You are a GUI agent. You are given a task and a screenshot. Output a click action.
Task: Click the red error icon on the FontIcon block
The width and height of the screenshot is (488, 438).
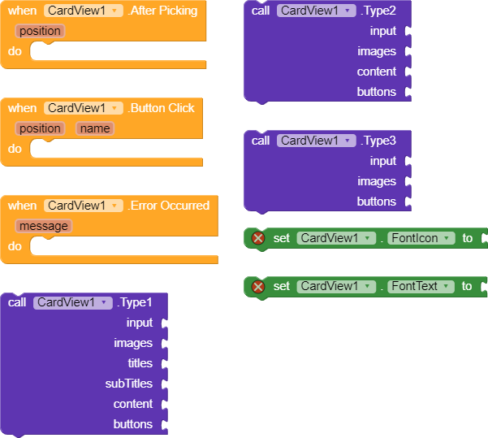click(x=258, y=238)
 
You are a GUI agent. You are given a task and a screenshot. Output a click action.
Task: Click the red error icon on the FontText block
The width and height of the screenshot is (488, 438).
click(x=258, y=286)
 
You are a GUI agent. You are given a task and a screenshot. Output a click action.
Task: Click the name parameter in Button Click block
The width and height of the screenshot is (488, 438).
click(x=95, y=128)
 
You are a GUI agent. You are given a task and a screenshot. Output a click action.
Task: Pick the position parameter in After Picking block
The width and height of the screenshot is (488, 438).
click(x=39, y=31)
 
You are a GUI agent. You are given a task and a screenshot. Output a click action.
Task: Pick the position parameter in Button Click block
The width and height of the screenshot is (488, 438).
click(x=39, y=128)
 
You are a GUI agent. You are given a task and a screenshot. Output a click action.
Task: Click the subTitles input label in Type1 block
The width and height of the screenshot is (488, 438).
click(x=129, y=384)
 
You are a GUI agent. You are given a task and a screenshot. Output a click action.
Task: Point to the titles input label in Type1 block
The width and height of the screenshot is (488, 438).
click(x=140, y=363)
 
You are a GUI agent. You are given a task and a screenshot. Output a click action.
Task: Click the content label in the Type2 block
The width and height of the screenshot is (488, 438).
click(x=377, y=72)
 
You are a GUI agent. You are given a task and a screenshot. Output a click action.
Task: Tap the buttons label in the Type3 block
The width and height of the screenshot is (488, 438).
click(x=377, y=202)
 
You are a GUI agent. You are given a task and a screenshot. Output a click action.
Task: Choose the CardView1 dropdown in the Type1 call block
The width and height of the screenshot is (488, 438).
click(x=72, y=302)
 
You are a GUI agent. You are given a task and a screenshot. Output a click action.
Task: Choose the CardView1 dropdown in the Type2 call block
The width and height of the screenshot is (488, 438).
click(x=316, y=11)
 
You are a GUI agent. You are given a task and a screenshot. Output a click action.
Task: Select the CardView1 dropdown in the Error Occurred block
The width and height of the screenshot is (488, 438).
click(x=84, y=206)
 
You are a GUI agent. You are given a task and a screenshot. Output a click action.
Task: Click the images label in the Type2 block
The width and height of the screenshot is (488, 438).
click(x=377, y=51)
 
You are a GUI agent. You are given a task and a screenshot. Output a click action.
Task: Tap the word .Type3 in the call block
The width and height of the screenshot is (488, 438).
click(x=378, y=141)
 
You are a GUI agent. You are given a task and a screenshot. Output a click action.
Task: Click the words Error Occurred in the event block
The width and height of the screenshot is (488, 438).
click(x=169, y=206)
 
